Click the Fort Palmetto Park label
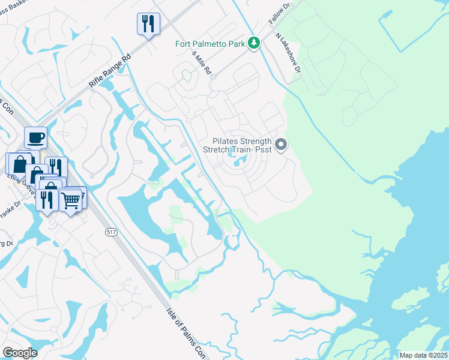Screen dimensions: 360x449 pyautogui.click(x=211, y=43)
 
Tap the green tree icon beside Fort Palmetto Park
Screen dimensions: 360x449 pyautogui.click(x=255, y=43)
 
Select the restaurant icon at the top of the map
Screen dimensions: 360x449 pyautogui.click(x=148, y=24)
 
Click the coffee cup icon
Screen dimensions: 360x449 pyautogui.click(x=35, y=138)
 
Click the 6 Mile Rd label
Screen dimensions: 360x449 pyautogui.click(x=202, y=62)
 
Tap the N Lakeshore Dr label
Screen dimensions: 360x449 pyautogui.click(x=288, y=54)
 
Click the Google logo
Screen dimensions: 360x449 pyautogui.click(x=20, y=353)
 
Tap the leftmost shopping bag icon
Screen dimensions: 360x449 pyautogui.click(x=18, y=164)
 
